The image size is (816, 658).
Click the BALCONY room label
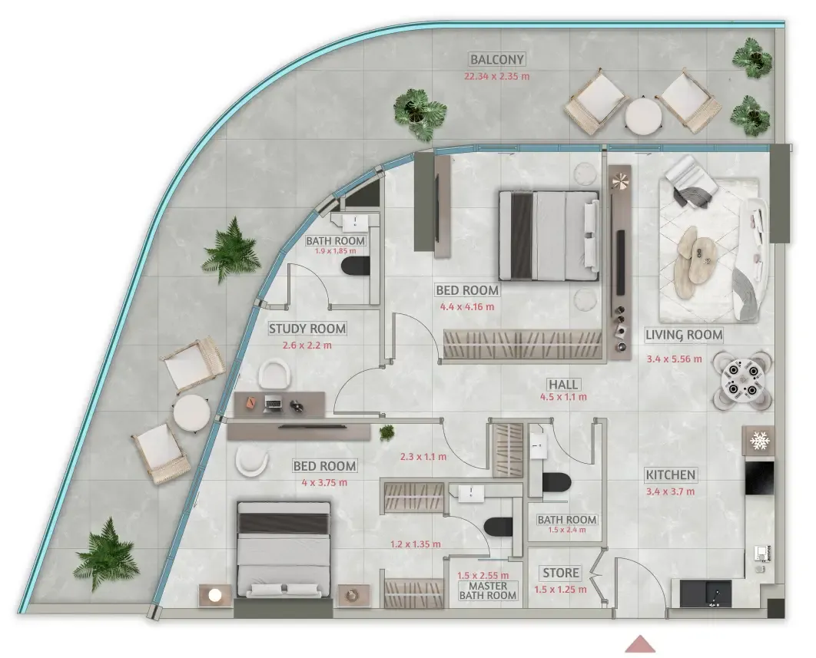click(x=496, y=59)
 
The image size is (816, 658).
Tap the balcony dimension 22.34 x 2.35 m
click(x=496, y=76)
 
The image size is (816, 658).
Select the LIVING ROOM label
click(x=684, y=335)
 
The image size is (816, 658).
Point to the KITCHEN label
click(x=670, y=475)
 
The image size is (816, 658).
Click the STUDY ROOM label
click(x=307, y=329)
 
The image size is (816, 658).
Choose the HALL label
click(x=563, y=385)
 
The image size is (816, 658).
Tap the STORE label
click(x=560, y=574)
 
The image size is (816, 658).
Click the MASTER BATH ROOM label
click(x=488, y=590)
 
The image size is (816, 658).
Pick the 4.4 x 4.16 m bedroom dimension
click(x=467, y=307)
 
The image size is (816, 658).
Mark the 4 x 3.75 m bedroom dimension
click(x=324, y=483)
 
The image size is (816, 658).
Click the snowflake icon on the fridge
click(x=759, y=441)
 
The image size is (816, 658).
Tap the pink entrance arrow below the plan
click(x=640, y=644)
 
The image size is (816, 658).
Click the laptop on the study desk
click(x=274, y=404)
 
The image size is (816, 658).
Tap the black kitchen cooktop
click(x=759, y=478)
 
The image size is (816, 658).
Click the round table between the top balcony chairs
click(x=644, y=117)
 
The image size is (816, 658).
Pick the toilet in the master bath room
click(x=498, y=527)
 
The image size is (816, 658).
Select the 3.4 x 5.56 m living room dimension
click(x=674, y=359)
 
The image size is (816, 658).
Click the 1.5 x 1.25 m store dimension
click(x=560, y=590)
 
